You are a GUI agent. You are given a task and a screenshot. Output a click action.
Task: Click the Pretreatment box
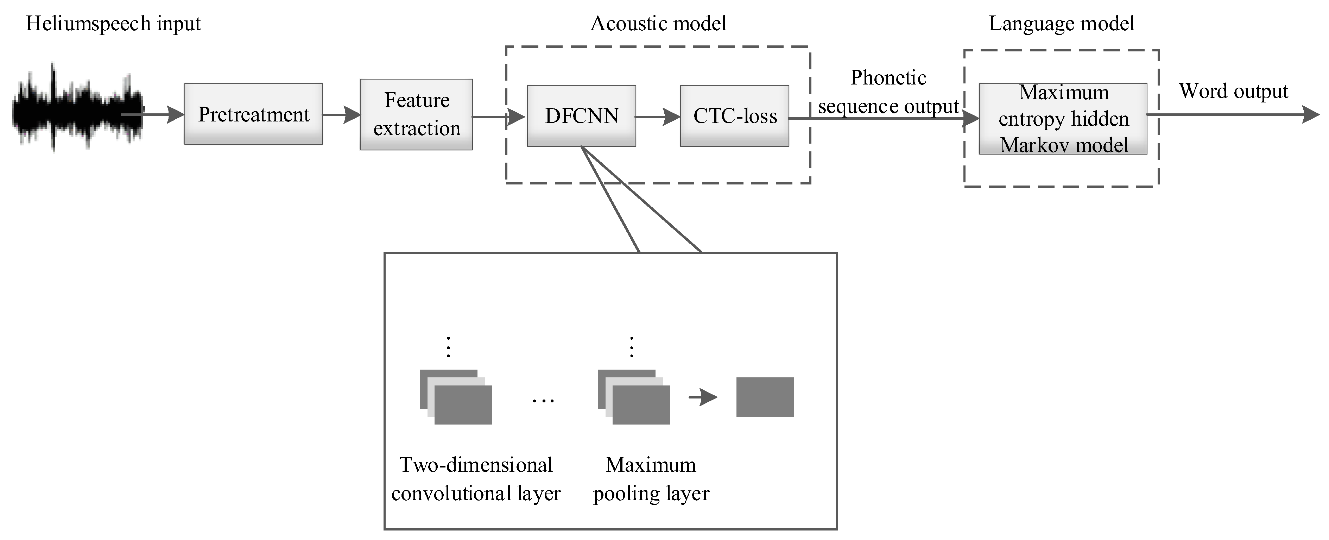253,114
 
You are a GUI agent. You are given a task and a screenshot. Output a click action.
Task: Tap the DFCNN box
581,116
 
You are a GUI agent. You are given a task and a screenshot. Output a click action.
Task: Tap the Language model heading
1061,24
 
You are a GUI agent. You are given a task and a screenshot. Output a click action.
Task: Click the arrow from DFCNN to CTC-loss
658,117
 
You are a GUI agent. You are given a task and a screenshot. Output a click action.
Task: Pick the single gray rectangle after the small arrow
765,397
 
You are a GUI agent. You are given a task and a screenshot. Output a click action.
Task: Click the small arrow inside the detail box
703,397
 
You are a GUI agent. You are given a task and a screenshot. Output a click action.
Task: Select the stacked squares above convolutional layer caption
456,397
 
